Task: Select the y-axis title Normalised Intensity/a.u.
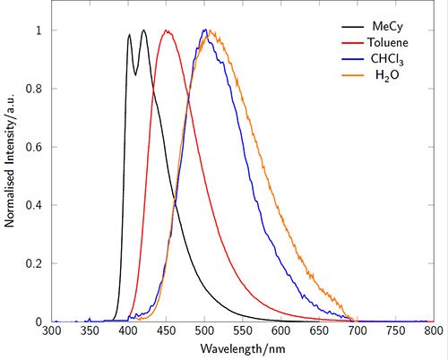[x=10, y=176]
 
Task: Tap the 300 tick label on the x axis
[x=52, y=331]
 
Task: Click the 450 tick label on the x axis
[x=167, y=331]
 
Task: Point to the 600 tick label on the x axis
[x=280, y=331]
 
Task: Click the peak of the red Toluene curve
[x=167, y=30]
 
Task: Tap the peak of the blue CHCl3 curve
[x=205, y=30]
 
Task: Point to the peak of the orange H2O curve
[x=212, y=31]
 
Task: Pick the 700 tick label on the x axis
[x=357, y=331]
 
